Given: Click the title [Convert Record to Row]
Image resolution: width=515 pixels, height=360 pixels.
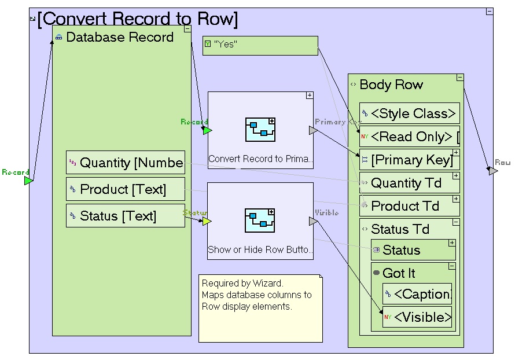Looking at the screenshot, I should coord(137,19).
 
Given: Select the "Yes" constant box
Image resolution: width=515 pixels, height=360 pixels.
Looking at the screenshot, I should coord(260,45).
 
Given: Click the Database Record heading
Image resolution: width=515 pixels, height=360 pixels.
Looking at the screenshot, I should coord(120,38).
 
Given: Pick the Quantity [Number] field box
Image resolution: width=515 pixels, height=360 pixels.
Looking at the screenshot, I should coord(126,163).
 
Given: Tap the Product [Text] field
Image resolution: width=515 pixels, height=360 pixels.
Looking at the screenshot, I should coord(126,189).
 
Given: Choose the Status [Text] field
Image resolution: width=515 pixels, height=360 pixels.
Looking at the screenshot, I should coord(126,216).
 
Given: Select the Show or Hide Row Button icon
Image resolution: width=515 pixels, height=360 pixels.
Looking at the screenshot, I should coord(260,221).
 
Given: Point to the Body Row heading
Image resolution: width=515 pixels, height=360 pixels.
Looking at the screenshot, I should coord(391,85).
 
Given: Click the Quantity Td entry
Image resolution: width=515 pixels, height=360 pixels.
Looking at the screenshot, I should coord(406,183).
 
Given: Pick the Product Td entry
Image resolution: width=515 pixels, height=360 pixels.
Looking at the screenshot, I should coord(405,206).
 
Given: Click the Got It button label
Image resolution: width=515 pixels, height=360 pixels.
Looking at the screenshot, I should coord(399,273).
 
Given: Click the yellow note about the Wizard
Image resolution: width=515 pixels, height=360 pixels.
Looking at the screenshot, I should coord(260,307).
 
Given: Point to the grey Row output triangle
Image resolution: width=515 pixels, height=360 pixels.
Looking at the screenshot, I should coord(492,171).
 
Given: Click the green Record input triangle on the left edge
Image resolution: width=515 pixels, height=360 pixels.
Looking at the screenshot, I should coord(28,181).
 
